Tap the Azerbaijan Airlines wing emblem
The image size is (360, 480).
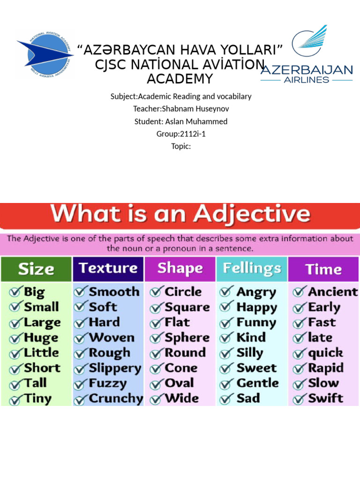pyautogui.click(x=310, y=41)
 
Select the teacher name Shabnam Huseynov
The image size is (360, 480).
pyautogui.click(x=195, y=109)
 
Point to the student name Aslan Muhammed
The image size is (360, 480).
pyautogui.click(x=196, y=121)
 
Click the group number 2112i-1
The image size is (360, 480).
pyautogui.click(x=193, y=134)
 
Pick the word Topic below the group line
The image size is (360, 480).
pyautogui.click(x=180, y=146)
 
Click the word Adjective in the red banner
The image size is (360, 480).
pyautogui.click(x=252, y=214)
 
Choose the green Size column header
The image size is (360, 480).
pyautogui.click(x=36, y=269)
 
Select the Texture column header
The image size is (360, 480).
pyautogui.click(x=108, y=269)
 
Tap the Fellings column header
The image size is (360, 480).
pyautogui.click(x=252, y=269)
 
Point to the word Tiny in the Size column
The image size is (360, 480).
pyautogui.click(x=37, y=398)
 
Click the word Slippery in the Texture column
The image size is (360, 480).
pyautogui.click(x=115, y=368)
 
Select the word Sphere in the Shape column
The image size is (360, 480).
pyautogui.click(x=187, y=337)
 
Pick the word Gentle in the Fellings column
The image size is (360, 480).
pyautogui.click(x=257, y=383)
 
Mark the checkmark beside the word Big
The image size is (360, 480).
pyautogui.click(x=15, y=292)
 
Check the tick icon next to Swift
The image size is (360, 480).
pyautogui.click(x=300, y=399)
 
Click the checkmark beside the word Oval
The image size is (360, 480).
pyautogui.click(x=157, y=383)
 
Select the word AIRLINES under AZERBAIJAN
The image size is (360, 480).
pyautogui.click(x=307, y=80)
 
